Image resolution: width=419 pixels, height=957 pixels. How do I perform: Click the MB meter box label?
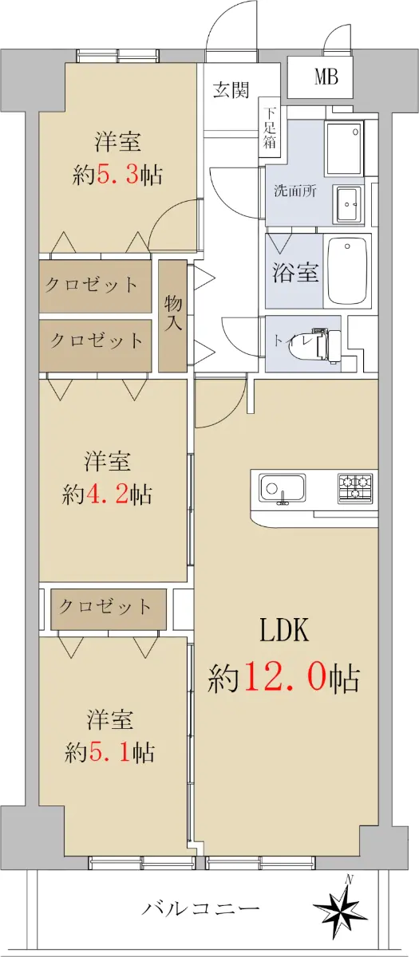[326, 77]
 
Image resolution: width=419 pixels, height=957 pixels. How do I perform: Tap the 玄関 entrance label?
[231, 89]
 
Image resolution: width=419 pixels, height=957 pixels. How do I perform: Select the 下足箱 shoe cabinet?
[270, 128]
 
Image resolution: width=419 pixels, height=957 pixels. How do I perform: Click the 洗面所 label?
[295, 191]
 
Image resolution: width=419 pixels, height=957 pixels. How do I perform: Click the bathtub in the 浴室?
[347, 270]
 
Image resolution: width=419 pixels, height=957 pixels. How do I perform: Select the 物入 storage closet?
[172, 316]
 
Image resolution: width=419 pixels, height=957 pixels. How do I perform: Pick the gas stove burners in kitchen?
[355, 487]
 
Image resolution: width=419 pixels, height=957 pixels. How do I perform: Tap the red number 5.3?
[117, 175]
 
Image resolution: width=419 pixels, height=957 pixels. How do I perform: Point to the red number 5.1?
[109, 752]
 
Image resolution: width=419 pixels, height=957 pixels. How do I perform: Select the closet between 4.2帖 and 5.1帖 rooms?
[109, 609]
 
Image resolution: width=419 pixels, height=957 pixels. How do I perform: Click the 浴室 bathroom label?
[295, 271]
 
